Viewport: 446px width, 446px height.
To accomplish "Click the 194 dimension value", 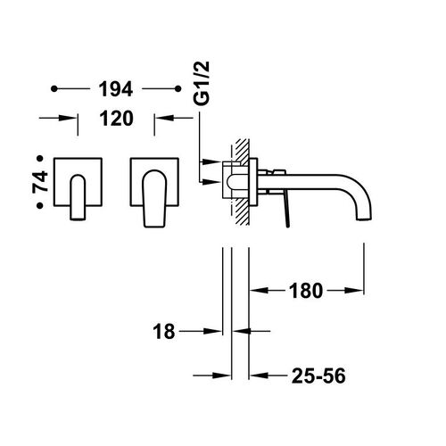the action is (116, 89).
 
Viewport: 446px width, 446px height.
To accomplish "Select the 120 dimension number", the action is (116, 119).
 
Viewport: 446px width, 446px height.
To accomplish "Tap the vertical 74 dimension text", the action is (40, 181).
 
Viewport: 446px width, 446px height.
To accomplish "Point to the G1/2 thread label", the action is (202, 84).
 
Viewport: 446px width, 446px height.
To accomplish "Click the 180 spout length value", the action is (306, 291).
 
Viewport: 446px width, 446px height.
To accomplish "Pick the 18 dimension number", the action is (164, 332).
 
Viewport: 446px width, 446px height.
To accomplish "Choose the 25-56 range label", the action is (318, 376).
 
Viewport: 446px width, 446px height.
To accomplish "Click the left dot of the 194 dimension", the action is (54, 88).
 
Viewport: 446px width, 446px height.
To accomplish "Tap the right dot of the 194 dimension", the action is (178, 88).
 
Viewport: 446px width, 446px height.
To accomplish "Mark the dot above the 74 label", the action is (40, 159).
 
